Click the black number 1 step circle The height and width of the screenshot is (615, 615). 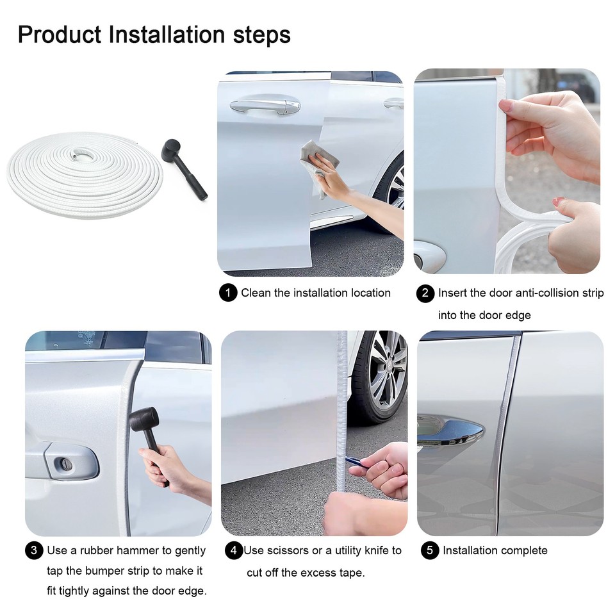227,293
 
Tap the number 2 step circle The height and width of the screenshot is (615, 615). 425,293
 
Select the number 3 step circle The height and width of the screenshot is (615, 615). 34,551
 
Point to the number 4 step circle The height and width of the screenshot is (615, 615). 234,551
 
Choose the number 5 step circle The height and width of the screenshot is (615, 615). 430,551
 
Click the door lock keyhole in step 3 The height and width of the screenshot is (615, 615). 64,463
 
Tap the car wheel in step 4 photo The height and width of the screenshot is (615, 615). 384,378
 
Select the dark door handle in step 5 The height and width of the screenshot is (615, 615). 451,430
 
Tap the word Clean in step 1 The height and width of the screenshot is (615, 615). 256,293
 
